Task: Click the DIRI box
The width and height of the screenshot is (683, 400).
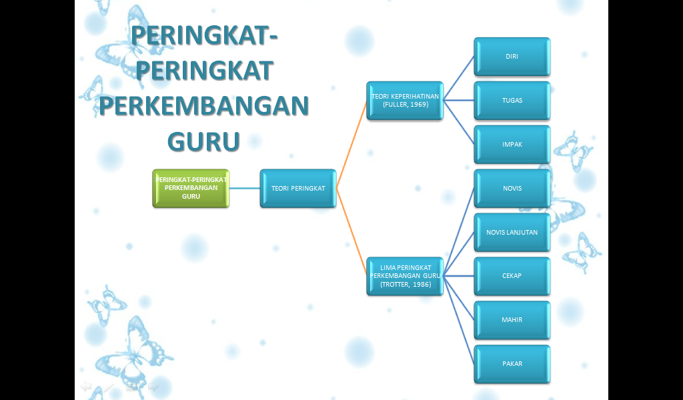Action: coord(512,57)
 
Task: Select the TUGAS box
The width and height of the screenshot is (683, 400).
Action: coord(512,101)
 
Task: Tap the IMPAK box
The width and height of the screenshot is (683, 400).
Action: coord(512,144)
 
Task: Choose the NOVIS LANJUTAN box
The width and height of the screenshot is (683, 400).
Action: coord(512,232)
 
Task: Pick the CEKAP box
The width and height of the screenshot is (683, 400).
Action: coord(512,276)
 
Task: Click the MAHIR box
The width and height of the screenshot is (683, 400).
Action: coord(512,320)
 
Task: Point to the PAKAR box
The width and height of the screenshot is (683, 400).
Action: coord(512,364)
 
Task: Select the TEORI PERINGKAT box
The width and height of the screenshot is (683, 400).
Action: coord(297,188)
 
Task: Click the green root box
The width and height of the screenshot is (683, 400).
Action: coord(191,188)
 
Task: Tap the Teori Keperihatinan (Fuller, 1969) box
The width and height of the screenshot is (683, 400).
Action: coord(405,101)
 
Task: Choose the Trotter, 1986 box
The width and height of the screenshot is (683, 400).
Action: coord(405,275)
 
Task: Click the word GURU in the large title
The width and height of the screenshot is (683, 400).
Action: coord(203,141)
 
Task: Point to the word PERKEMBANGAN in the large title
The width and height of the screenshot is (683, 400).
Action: coord(203,106)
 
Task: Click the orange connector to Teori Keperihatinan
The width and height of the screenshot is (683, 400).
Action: coord(352,144)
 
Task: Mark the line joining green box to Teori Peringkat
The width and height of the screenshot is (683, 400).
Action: coord(244,188)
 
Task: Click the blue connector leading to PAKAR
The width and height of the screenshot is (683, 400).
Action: coord(459,319)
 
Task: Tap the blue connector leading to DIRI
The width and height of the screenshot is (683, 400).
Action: coord(459,79)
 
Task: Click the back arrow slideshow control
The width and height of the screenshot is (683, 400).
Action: coord(86,386)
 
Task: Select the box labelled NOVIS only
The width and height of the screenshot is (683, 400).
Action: coord(512,188)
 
